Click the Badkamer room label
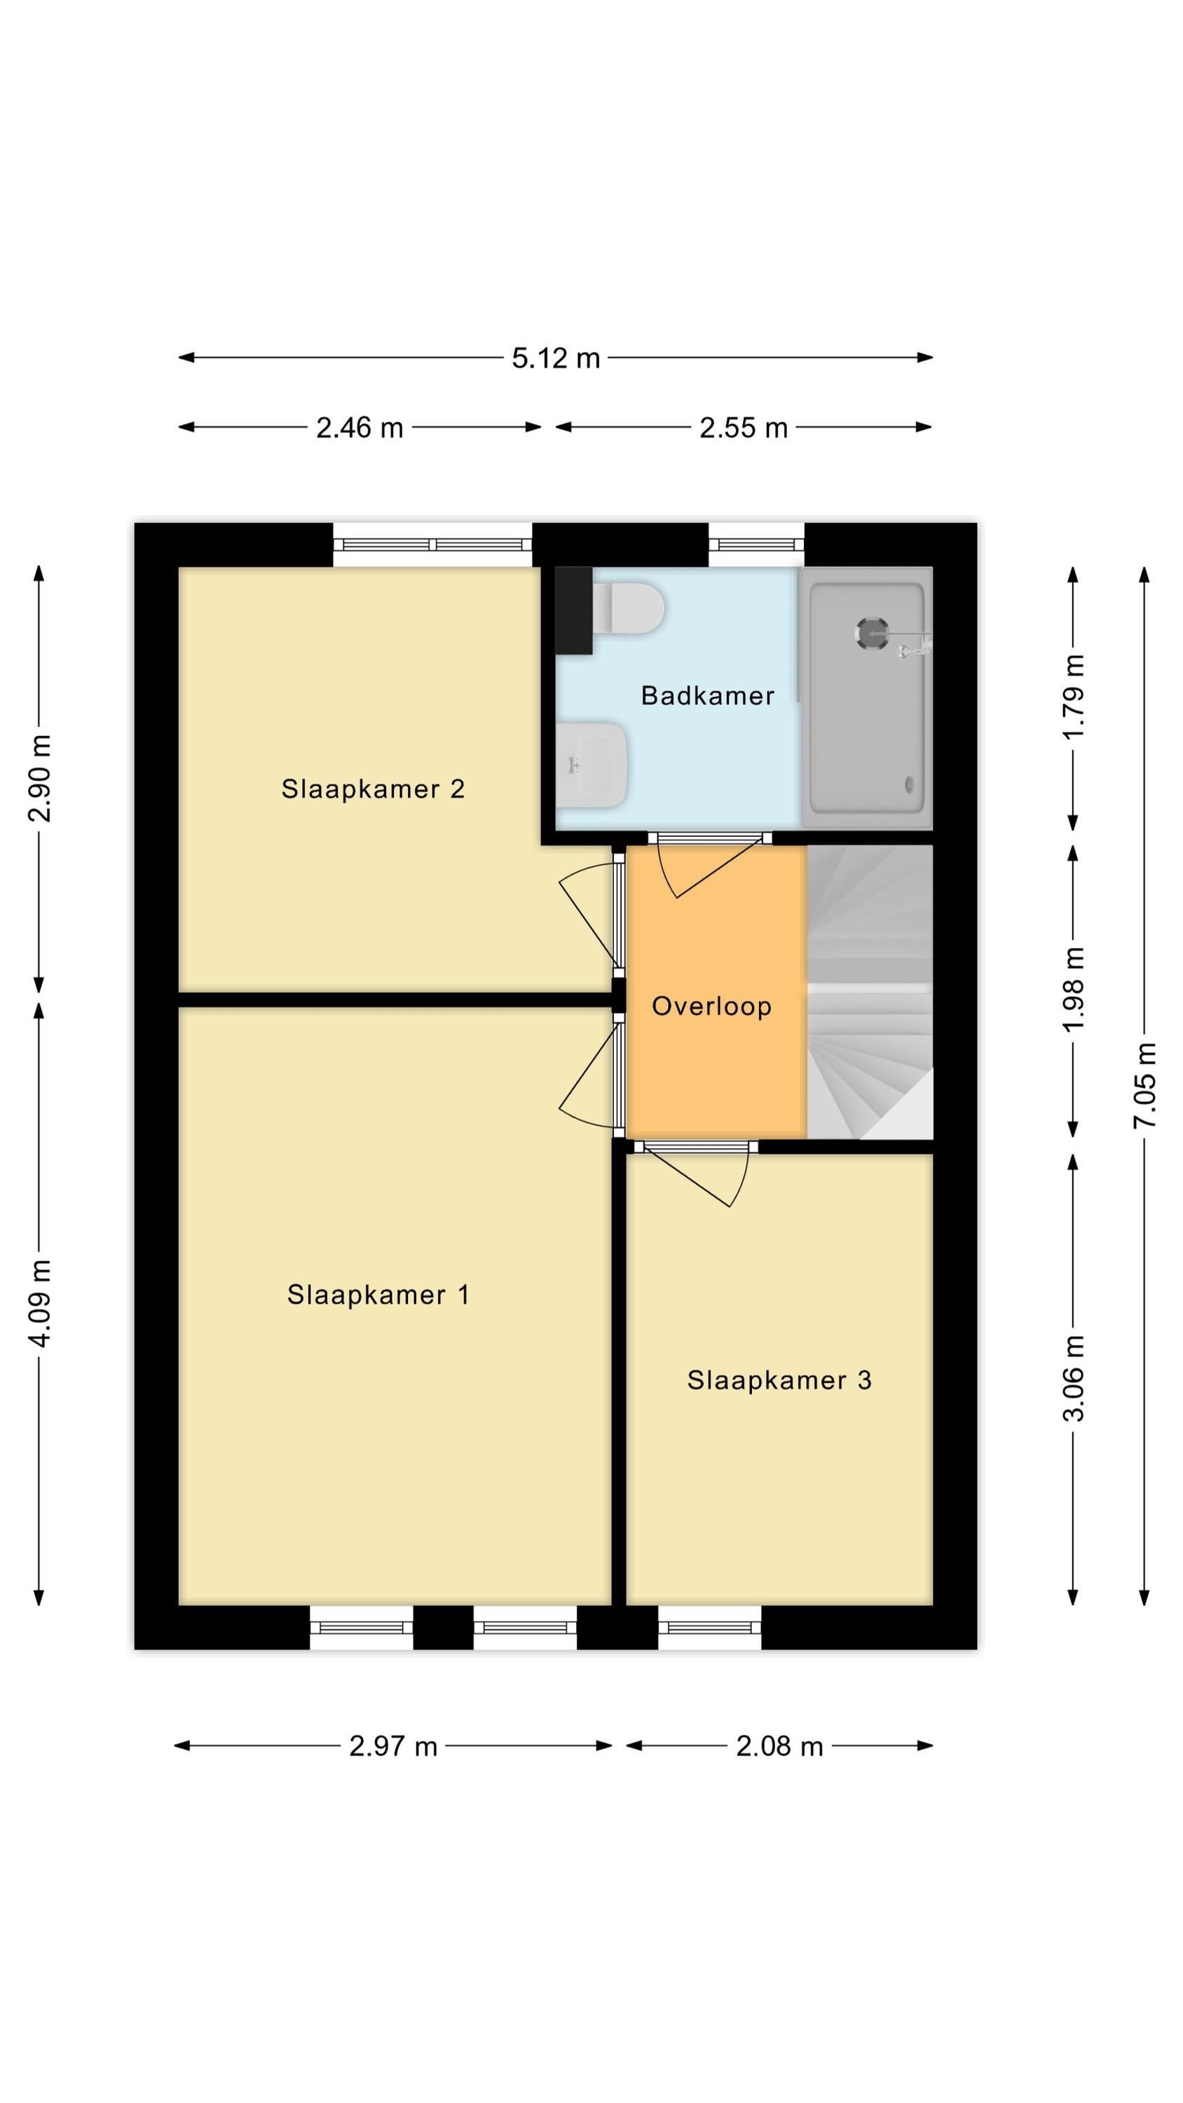pos(707,695)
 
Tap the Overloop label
pos(711,1006)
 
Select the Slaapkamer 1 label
pos(378,1295)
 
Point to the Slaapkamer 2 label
pos(373,789)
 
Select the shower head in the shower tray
pos(872,634)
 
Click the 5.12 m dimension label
pos(556,358)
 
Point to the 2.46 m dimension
pos(360,427)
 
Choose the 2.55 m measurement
pos(744,427)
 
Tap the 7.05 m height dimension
pos(1144,1085)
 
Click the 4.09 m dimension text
pos(39,1302)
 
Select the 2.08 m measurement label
pos(780,1745)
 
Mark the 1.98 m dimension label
pos(1074,989)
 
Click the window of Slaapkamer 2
pos(432,545)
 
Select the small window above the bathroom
pos(756,545)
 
